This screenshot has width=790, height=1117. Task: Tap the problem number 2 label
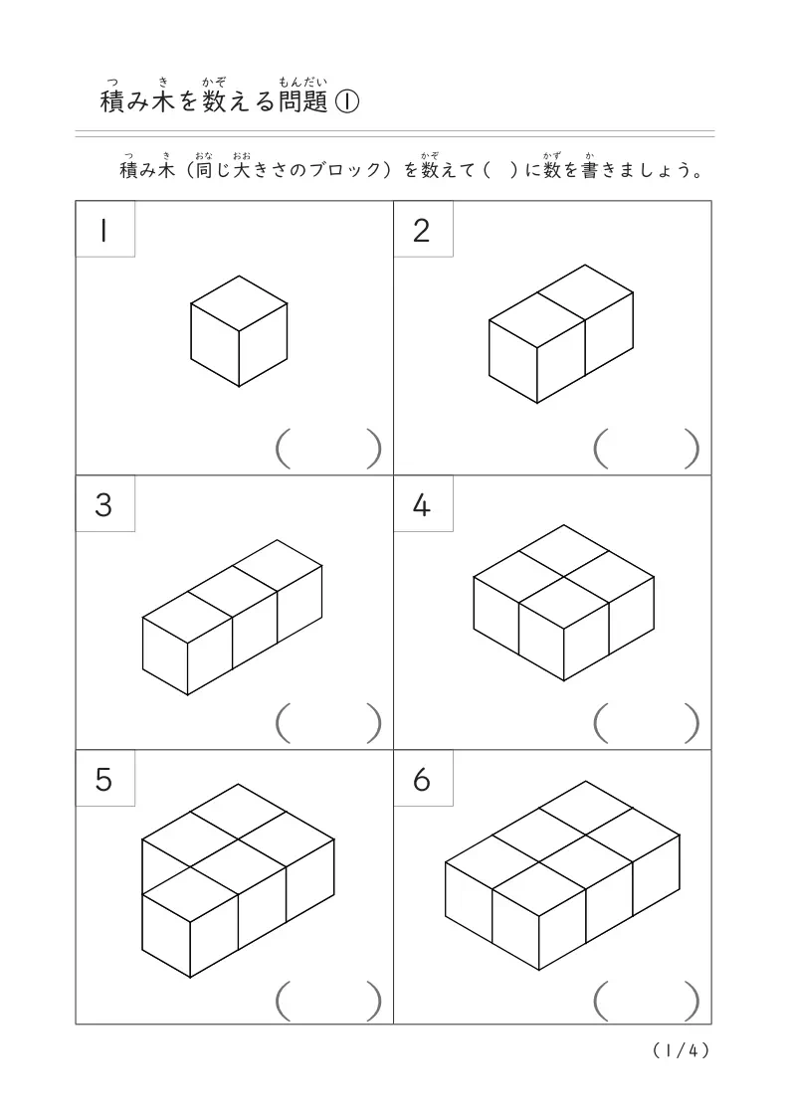click(x=422, y=230)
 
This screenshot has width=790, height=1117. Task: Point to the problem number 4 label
click(x=422, y=505)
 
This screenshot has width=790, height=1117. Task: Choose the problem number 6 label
click(x=422, y=781)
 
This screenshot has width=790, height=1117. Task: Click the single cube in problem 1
click(x=239, y=330)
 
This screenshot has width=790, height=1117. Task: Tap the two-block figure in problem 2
click(x=561, y=333)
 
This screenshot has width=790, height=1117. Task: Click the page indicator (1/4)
click(x=683, y=1050)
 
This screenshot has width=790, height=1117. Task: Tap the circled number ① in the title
click(x=346, y=101)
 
